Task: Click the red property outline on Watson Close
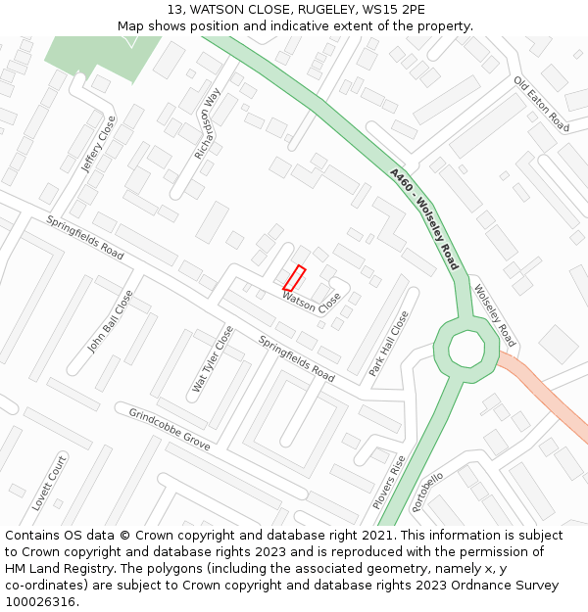click(x=294, y=278)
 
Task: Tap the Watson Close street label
click(x=312, y=302)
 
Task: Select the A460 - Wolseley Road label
click(x=424, y=218)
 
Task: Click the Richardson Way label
click(x=208, y=123)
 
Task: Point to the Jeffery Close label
click(x=98, y=144)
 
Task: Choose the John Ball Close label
click(x=110, y=321)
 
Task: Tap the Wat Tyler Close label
click(x=213, y=359)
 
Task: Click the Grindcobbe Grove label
click(x=170, y=429)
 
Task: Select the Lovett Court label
click(x=49, y=483)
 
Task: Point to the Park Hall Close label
click(x=389, y=344)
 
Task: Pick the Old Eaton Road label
click(x=541, y=105)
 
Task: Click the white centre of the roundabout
click(x=465, y=349)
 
